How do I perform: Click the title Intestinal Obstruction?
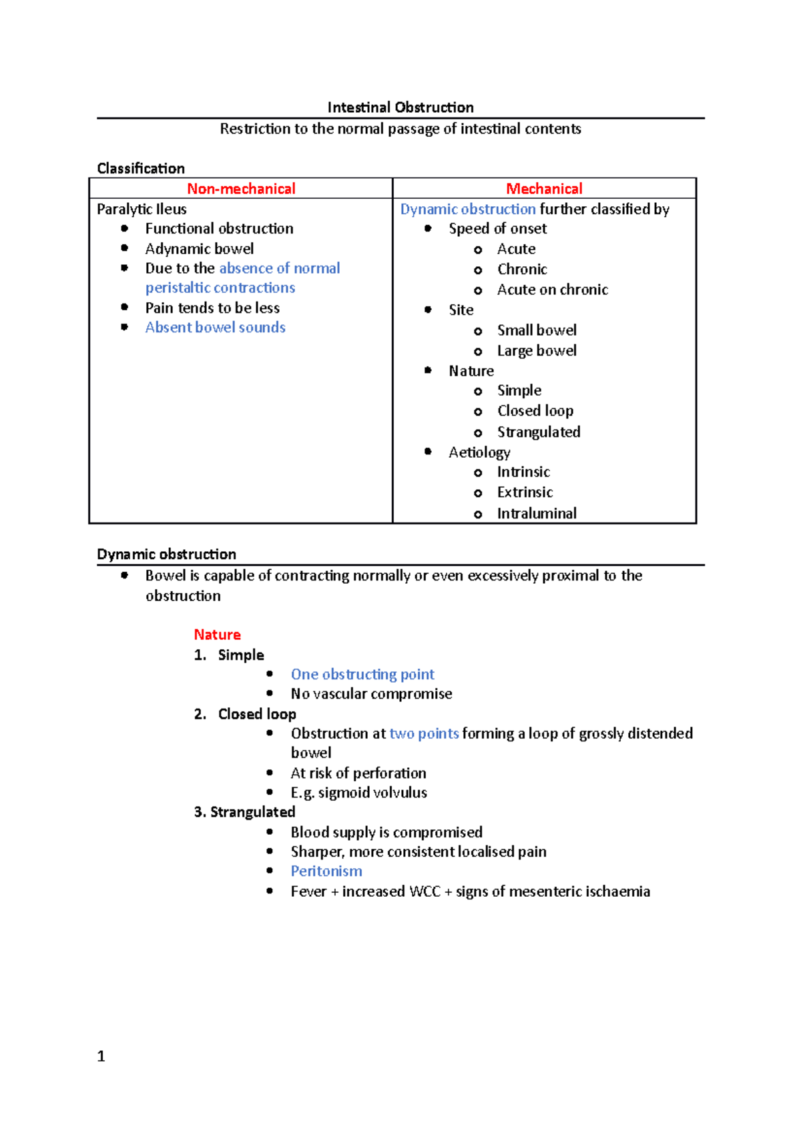pos(400,107)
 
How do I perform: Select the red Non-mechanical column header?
pos(241,189)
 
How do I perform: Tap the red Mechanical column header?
pos(544,189)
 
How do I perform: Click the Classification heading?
pos(141,168)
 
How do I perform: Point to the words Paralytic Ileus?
pos(142,209)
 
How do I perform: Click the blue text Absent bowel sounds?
pos(215,328)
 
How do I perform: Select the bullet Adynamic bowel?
pos(199,249)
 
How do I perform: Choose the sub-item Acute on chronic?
pos(552,290)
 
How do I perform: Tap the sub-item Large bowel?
pos(536,351)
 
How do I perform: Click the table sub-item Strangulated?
pos(538,432)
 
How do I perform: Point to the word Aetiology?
pos(479,452)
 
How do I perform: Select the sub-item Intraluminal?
pos(536,514)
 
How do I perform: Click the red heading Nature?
pos(217,635)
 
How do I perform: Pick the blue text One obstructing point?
pos(362,675)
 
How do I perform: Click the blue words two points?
pos(424,733)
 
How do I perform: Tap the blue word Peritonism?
pos(326,871)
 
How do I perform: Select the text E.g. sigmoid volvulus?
pos(358,793)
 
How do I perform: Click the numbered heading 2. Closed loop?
pos(245,714)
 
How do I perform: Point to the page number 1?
pos(101,1056)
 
